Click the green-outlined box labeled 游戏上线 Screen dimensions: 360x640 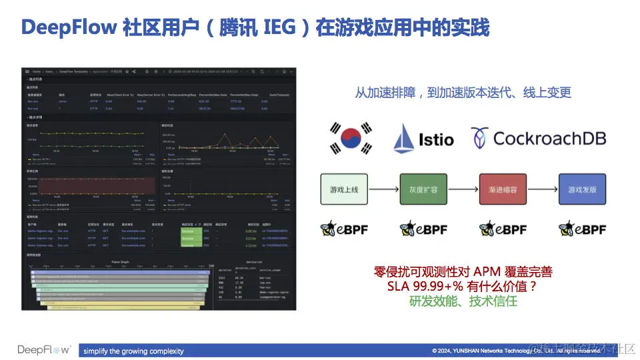[344, 189]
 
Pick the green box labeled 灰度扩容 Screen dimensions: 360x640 [423, 189]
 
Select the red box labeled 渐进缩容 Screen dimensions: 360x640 [503, 189]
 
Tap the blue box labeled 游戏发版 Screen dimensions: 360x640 [582, 189]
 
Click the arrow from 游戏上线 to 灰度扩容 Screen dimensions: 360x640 [383, 189]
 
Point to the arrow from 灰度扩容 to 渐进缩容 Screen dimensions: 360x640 [463, 189]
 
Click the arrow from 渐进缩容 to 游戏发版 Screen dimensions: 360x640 [542, 189]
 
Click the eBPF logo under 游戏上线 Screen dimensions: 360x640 [344, 229]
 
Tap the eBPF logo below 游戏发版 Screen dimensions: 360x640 [582, 229]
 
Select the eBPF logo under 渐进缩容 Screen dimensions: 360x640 [503, 229]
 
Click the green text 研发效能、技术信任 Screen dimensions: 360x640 [463, 301]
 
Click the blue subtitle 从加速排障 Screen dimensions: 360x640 [463, 93]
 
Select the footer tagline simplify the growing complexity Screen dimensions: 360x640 [133, 351]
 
